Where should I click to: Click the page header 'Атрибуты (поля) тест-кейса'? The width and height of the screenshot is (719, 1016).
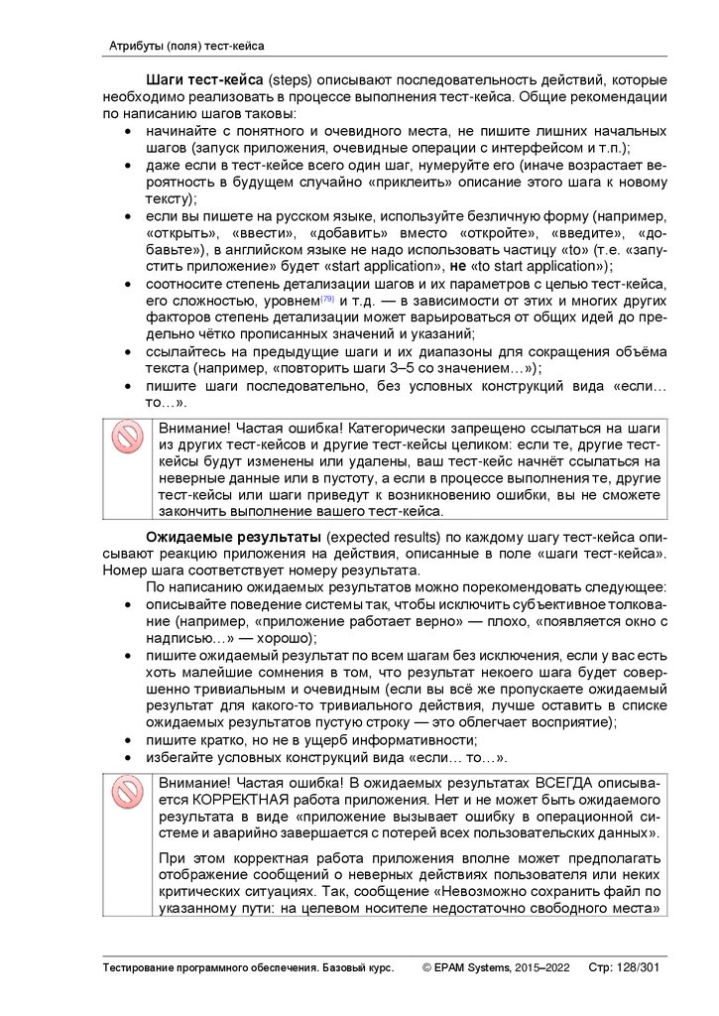click(x=186, y=46)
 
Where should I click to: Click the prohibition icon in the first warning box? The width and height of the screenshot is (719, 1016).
click(x=127, y=438)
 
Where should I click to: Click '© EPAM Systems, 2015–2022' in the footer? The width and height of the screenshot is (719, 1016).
click(x=496, y=967)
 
